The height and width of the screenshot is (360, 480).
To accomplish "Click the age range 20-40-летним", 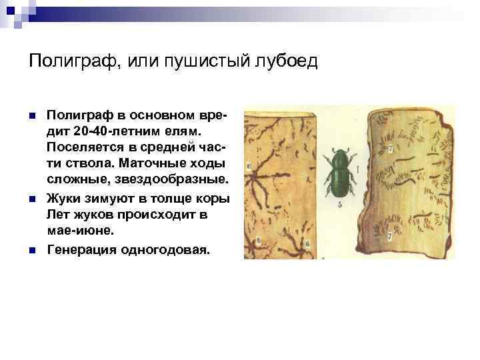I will click(113, 129).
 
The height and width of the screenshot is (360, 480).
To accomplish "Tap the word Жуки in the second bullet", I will click(63, 198).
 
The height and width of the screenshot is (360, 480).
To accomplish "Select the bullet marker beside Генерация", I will click(33, 251).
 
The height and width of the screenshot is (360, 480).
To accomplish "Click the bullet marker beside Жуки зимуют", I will click(33, 199).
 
